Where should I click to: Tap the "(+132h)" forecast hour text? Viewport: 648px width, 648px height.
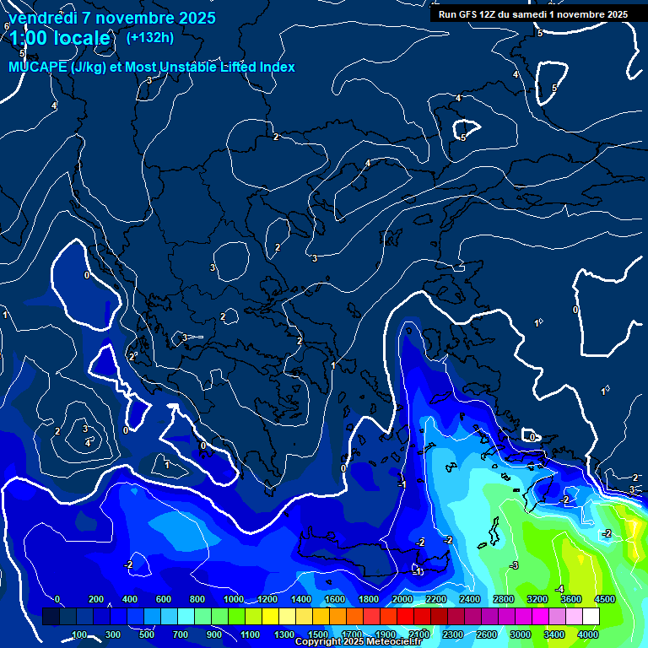[150, 37]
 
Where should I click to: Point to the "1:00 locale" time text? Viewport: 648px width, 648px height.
[59, 38]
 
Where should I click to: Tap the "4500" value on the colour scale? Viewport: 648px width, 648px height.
[605, 599]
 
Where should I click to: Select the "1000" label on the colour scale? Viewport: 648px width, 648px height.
[233, 599]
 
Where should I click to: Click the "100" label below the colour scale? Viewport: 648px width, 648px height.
[80, 634]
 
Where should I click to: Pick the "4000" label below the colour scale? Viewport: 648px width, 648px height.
[588, 634]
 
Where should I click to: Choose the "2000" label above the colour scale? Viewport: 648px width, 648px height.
[402, 599]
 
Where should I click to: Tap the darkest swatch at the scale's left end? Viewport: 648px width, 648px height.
[51, 617]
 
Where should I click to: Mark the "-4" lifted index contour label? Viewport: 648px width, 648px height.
[559, 589]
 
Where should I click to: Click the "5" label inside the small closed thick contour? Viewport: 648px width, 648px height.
[463, 137]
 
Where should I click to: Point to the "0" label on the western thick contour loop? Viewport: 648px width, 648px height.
[87, 275]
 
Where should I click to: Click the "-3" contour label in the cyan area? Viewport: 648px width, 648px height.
[513, 565]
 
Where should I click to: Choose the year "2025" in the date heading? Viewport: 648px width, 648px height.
[196, 18]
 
